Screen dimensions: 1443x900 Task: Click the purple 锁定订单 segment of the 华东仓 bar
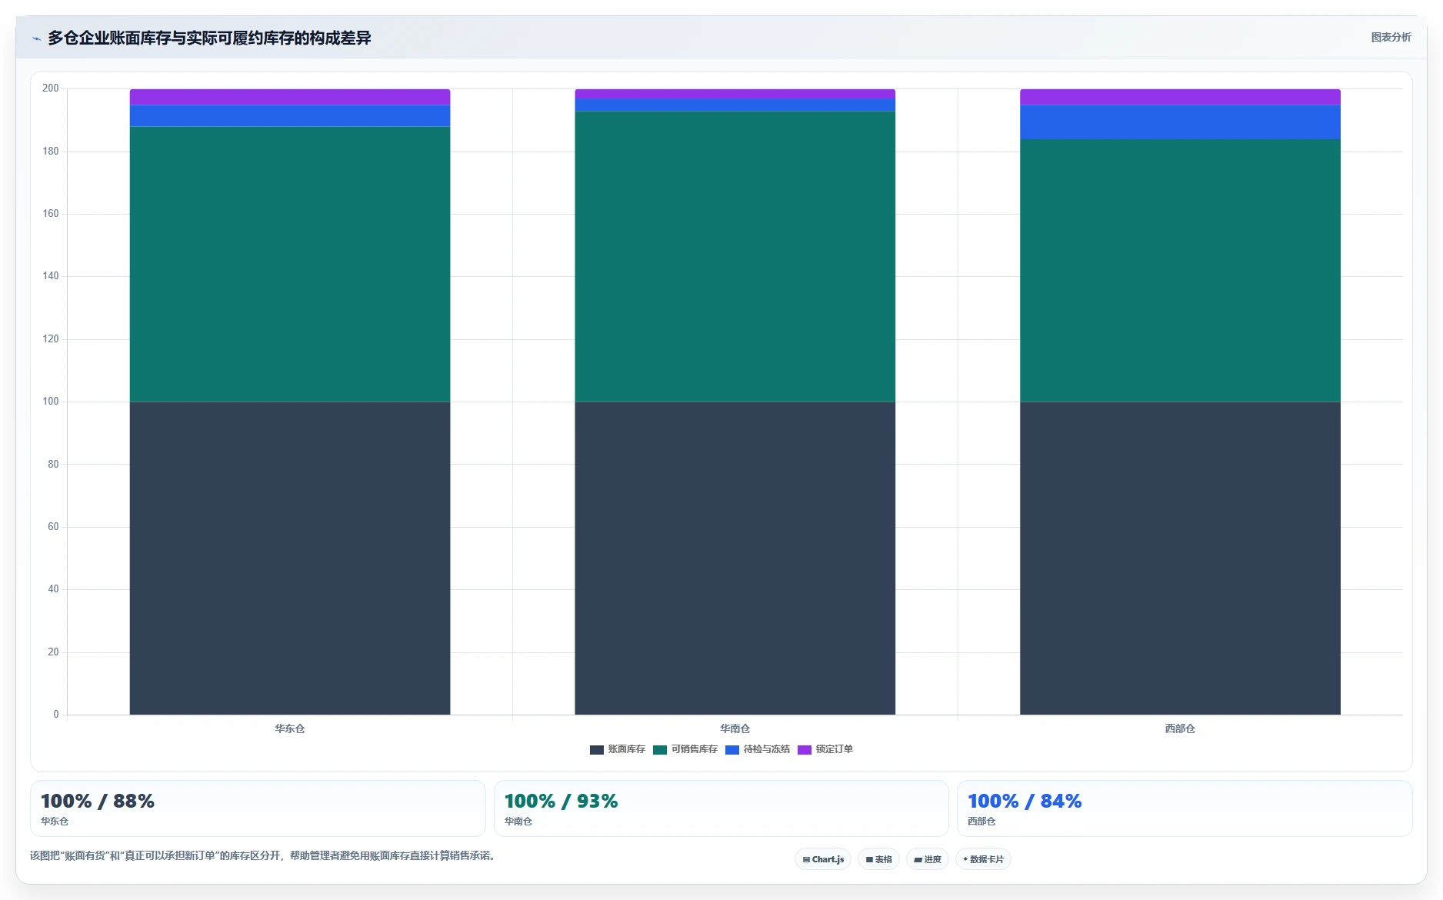click(x=290, y=97)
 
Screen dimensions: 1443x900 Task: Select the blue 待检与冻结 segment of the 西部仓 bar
click(x=1180, y=122)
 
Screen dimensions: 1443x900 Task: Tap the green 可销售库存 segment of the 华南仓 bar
click(x=735, y=257)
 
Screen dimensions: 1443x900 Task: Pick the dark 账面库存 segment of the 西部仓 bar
click(x=1180, y=558)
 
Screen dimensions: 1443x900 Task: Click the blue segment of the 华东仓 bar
click(x=290, y=116)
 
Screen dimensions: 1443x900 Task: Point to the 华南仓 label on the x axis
click(x=735, y=728)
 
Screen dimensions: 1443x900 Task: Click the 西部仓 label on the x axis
click(x=1180, y=728)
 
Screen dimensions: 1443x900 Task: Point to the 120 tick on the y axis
click(x=51, y=339)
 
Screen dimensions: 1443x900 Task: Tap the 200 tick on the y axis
click(x=51, y=88)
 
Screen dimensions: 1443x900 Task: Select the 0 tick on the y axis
click(x=56, y=715)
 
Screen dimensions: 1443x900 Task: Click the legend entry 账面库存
click(x=618, y=749)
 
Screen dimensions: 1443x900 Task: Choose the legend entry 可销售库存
click(x=685, y=749)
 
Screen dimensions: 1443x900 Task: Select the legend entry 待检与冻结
click(x=758, y=749)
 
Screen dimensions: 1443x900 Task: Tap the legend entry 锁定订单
click(x=825, y=749)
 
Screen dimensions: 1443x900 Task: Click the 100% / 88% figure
click(x=98, y=802)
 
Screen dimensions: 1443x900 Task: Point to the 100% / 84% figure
click(x=1025, y=802)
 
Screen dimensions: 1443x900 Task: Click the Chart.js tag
click(x=823, y=859)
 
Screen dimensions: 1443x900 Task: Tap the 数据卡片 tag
click(x=983, y=859)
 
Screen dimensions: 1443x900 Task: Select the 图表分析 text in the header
click(x=1391, y=38)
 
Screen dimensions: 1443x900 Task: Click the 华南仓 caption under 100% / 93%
click(x=518, y=822)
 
